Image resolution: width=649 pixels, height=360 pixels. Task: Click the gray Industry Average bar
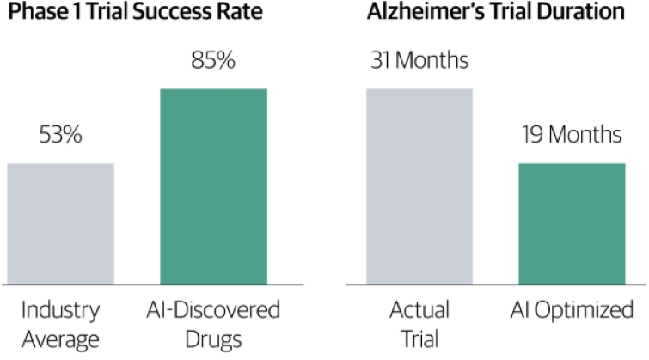pos(61,224)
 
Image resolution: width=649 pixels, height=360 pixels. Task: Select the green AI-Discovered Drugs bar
pos(213,186)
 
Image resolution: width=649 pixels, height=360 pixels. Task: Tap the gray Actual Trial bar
pos(419,186)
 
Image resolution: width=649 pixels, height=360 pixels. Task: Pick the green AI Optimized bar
pos(572,224)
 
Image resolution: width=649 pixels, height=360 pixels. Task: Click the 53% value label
pos(61,135)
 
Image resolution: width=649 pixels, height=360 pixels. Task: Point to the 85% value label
pos(213,60)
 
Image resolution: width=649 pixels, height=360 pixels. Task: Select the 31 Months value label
pos(419,60)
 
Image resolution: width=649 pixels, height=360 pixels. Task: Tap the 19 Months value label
pos(572,135)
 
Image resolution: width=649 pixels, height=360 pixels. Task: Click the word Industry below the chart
pos(60,311)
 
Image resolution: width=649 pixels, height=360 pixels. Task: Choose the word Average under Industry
pos(60,339)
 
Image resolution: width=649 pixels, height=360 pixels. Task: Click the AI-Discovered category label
pos(213,310)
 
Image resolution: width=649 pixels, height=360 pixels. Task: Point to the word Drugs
pos(213,340)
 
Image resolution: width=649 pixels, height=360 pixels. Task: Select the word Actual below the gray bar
pos(419,310)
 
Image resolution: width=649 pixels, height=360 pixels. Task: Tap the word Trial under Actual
pos(419,339)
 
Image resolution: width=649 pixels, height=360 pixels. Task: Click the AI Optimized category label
pos(572,311)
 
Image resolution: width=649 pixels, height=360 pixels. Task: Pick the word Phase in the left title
pos(39,11)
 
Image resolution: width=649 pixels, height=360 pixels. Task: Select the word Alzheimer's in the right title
pos(426,11)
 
